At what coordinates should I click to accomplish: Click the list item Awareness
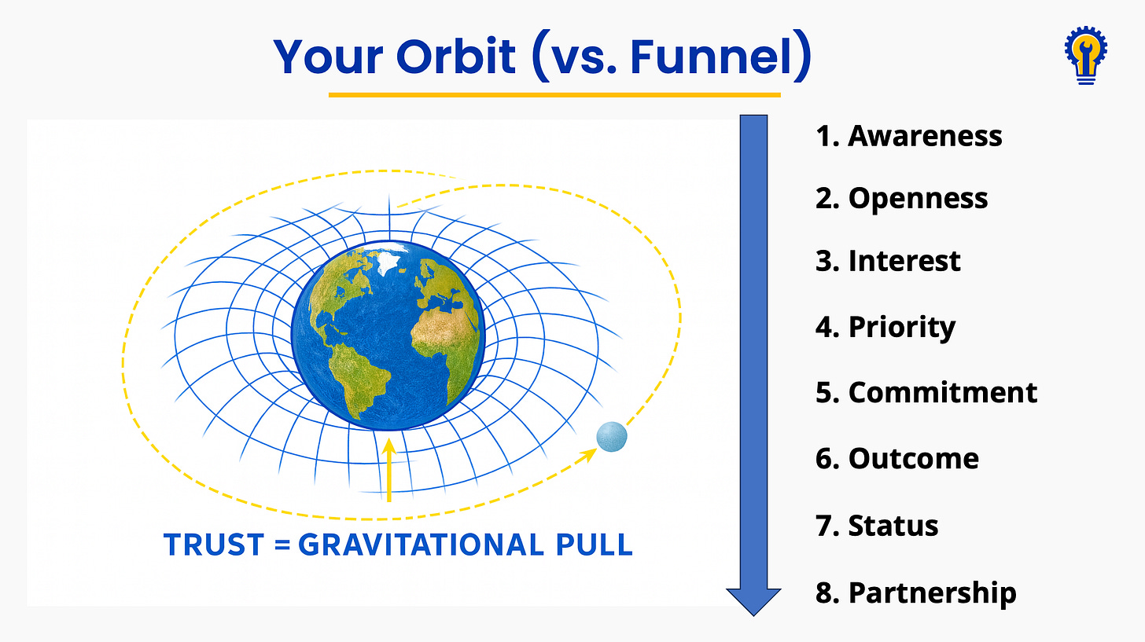point(908,136)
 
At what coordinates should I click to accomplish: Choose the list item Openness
point(901,198)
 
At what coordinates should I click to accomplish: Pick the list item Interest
point(888,261)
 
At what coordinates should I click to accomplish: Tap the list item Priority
point(885,327)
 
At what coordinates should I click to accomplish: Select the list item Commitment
point(926,392)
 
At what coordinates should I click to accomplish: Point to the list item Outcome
point(897,458)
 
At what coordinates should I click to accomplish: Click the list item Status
point(877,525)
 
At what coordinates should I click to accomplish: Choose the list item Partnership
point(915,592)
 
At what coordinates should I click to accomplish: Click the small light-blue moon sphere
point(612,437)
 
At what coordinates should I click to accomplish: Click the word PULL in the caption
point(597,545)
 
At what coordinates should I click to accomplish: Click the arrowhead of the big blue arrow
point(753,600)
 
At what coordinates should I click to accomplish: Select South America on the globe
point(357,372)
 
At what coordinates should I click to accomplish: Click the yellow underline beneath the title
point(554,95)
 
